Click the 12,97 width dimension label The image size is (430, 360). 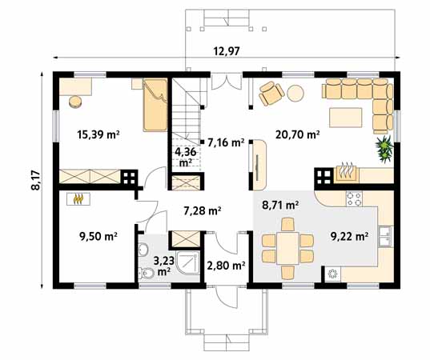point(227,51)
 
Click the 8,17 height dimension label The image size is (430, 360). point(36,180)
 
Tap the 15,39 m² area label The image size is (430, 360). point(98,134)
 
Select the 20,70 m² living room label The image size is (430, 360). point(298,134)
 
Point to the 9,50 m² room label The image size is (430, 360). point(98,236)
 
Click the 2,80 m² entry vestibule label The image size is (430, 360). point(226,266)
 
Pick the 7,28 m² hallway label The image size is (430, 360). point(203,210)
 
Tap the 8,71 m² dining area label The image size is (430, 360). point(280,205)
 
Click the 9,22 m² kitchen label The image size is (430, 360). point(349,236)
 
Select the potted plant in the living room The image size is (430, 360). point(384,149)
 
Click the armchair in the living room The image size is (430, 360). point(271,93)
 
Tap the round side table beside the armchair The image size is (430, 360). point(295,93)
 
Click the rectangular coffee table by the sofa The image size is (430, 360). point(346,118)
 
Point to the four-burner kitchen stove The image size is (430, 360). point(354,198)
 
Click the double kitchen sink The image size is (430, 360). point(386,237)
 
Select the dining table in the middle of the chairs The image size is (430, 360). point(287,248)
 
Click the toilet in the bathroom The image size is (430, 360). point(146,273)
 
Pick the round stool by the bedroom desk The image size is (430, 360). point(76,102)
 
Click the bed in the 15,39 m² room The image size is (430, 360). point(155,105)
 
